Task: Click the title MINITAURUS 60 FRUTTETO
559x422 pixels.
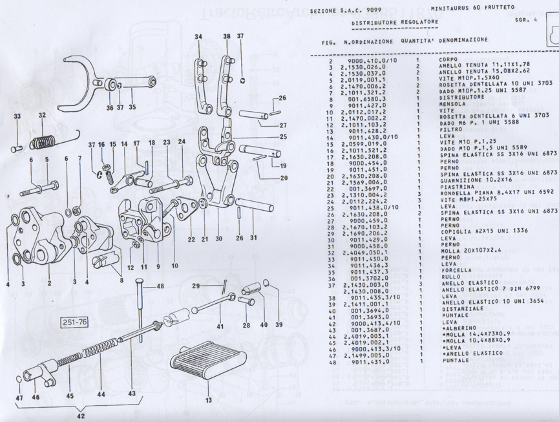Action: coord(470,7)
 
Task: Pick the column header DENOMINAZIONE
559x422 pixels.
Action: coord(461,40)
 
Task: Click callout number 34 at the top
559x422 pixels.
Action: coord(198,36)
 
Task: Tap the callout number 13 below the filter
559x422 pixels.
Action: coord(207,400)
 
